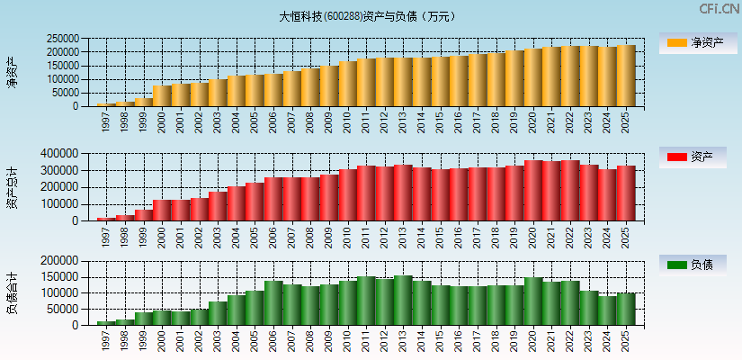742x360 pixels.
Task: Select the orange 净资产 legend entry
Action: [698, 42]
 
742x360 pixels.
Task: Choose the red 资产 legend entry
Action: [698, 157]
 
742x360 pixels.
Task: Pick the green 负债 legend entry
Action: [698, 265]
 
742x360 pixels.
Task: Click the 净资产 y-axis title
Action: [12, 72]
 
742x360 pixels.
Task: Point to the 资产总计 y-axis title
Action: [12, 186]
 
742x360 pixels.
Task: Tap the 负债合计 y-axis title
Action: [12, 292]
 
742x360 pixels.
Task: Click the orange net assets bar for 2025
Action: [626, 76]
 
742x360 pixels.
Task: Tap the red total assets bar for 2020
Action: [533, 190]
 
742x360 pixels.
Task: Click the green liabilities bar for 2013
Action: [403, 301]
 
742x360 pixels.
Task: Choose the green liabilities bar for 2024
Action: [607, 310]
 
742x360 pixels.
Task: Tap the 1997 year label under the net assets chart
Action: [106, 123]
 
